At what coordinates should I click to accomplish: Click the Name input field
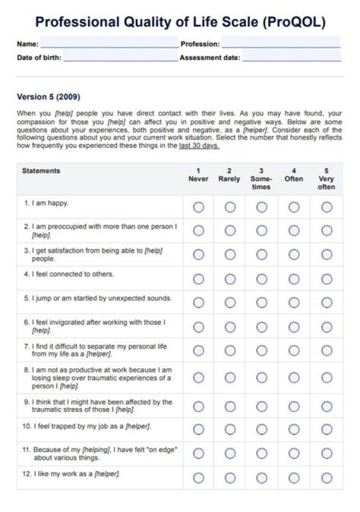tap(109, 43)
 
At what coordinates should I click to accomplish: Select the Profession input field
tap(280, 43)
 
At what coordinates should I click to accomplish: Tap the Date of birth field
tap(120, 57)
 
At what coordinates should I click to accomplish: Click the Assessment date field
tap(291, 57)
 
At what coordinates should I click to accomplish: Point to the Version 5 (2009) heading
tap(48, 96)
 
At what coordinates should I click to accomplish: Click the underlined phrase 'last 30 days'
tap(199, 146)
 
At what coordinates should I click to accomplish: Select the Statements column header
tap(41, 171)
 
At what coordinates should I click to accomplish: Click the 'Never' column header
tap(198, 175)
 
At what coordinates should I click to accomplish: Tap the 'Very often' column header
tap(326, 179)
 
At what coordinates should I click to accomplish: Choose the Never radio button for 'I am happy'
tap(198, 207)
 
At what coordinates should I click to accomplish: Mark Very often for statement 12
tap(326, 478)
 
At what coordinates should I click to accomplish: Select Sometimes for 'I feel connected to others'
tap(262, 279)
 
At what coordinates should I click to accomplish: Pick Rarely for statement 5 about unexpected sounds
tap(230, 303)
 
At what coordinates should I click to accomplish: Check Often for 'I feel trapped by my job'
tap(294, 430)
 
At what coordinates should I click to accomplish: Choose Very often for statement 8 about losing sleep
tap(326, 378)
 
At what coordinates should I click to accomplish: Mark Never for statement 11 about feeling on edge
tap(198, 454)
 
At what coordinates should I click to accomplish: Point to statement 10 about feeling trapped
tap(87, 427)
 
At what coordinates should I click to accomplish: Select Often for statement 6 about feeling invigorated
tap(294, 327)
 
